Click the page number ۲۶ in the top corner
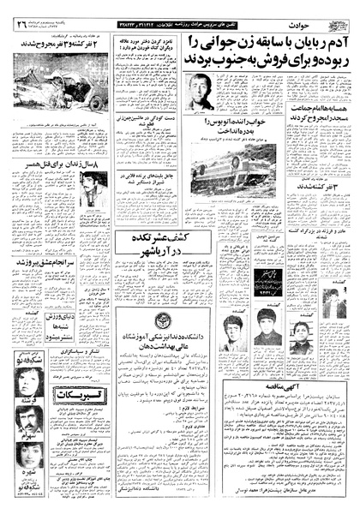coord(20,10)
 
